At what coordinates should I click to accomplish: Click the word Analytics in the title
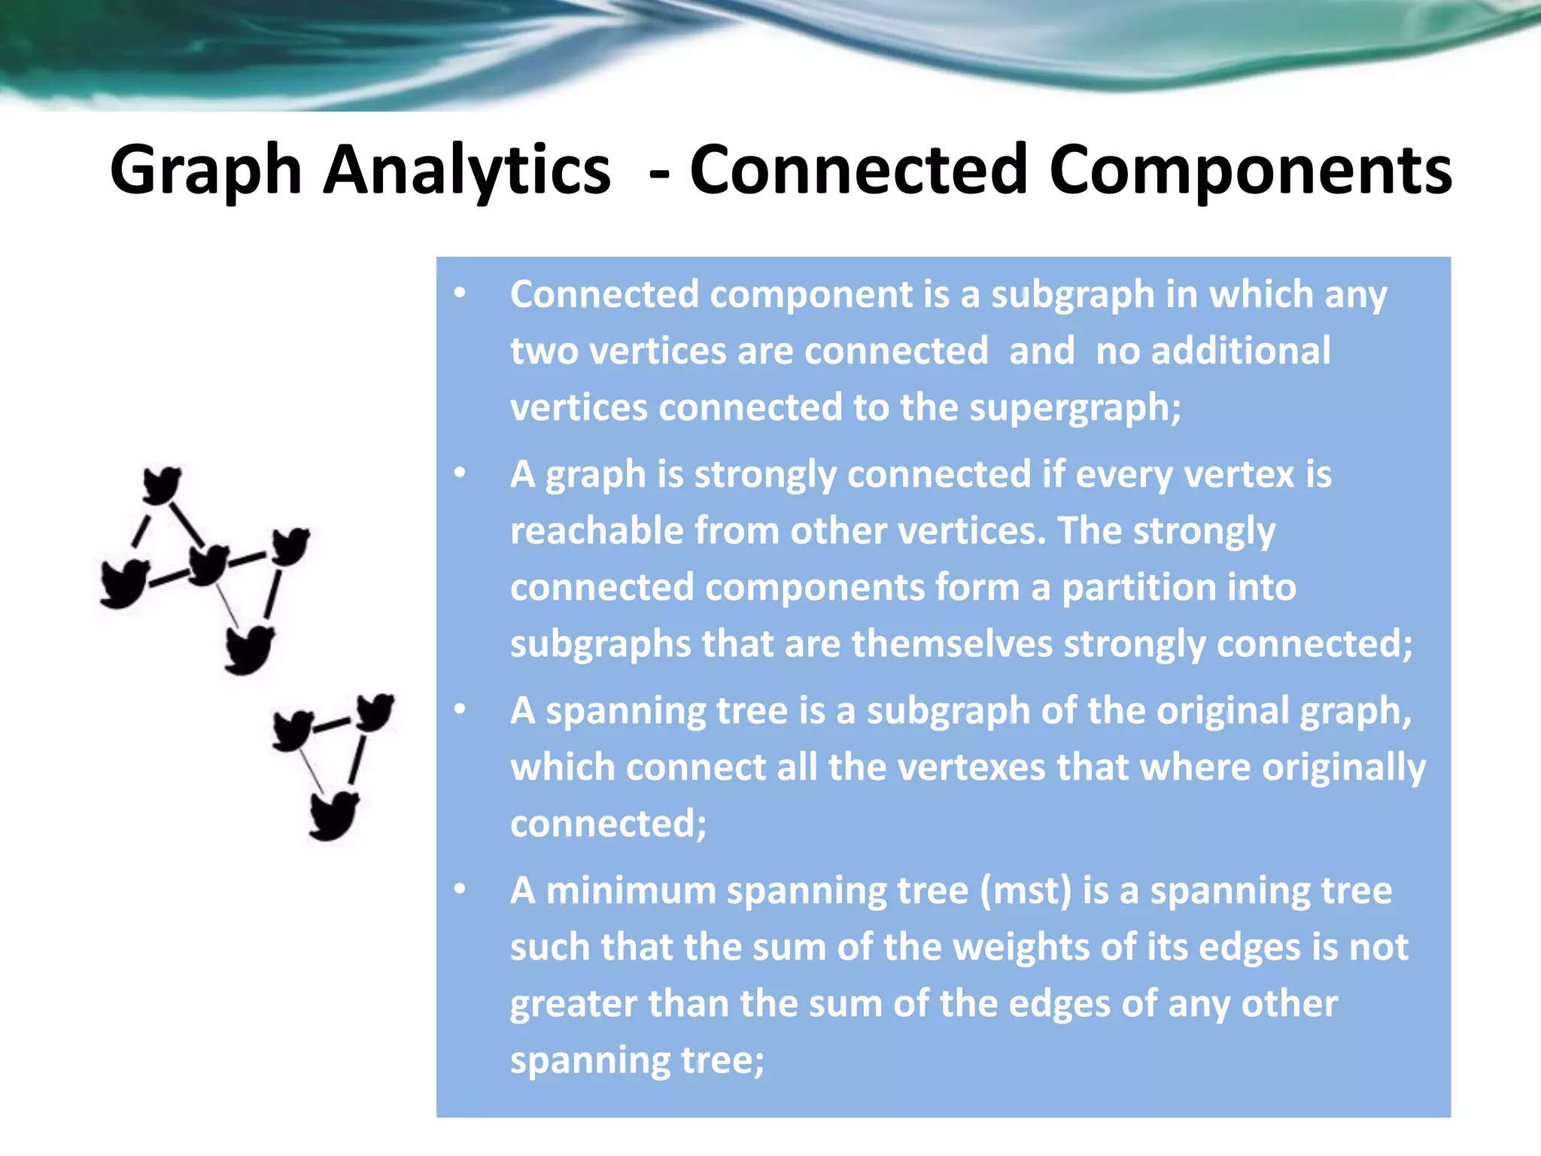pos(467,171)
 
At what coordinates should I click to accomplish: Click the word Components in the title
pos(1250,171)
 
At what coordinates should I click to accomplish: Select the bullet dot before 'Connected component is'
pos(460,293)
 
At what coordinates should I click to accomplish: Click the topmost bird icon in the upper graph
pos(162,485)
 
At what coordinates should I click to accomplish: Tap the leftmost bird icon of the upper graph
pos(124,583)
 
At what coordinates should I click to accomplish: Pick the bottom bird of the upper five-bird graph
pos(250,649)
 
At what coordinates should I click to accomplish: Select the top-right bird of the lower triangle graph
pos(374,711)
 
